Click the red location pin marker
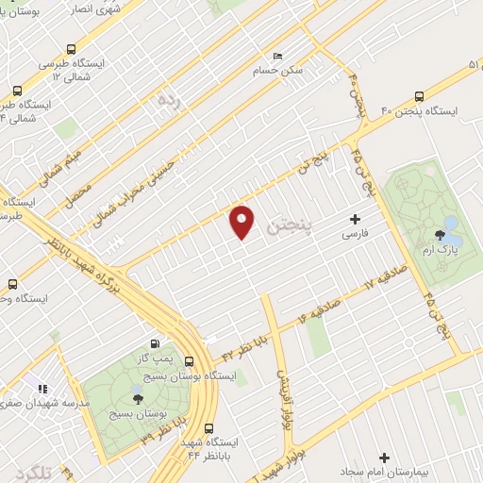click(242, 221)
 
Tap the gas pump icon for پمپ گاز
click(155, 346)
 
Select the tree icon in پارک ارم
click(440, 235)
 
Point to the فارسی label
click(355, 232)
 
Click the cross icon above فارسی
click(355, 218)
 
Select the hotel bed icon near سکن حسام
click(276, 56)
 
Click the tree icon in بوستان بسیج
click(139, 399)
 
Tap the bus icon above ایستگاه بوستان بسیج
click(190, 361)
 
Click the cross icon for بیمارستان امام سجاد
click(384, 457)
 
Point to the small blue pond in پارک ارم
click(451, 225)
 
